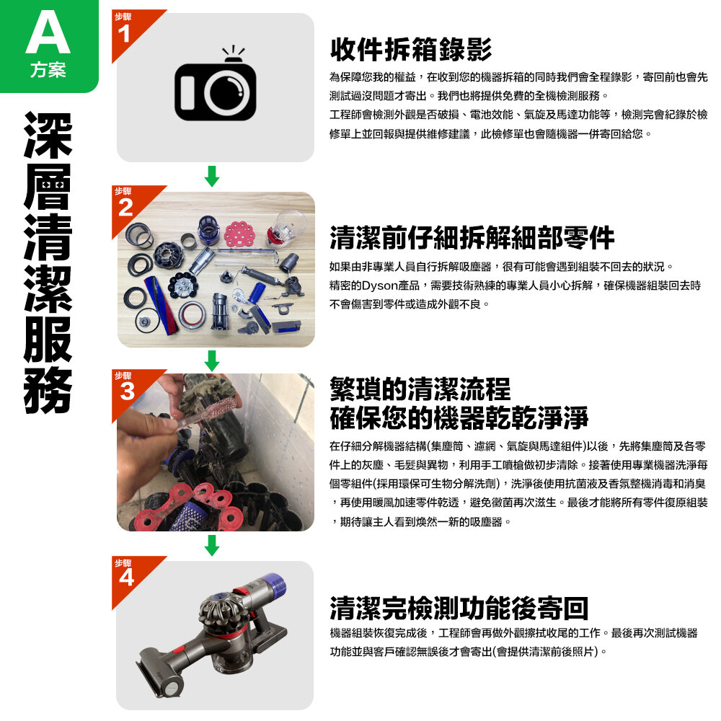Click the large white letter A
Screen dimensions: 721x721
point(48,33)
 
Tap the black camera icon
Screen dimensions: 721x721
point(215,84)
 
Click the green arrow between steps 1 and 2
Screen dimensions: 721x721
point(212,176)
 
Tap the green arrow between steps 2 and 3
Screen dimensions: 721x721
point(212,360)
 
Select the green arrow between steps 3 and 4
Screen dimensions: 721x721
point(212,545)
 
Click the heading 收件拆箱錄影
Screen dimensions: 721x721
point(411,50)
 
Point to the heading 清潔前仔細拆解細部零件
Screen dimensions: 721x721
point(472,237)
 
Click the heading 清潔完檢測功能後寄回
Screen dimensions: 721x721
point(459,608)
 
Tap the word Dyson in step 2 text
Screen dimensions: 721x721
point(380,286)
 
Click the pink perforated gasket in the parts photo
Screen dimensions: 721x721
point(239,234)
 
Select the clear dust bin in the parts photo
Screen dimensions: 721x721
point(288,226)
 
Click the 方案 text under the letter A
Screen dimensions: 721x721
point(48,70)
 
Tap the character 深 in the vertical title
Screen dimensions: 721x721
point(48,136)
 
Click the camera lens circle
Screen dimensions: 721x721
point(229,92)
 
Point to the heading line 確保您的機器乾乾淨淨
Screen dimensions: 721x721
point(459,417)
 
